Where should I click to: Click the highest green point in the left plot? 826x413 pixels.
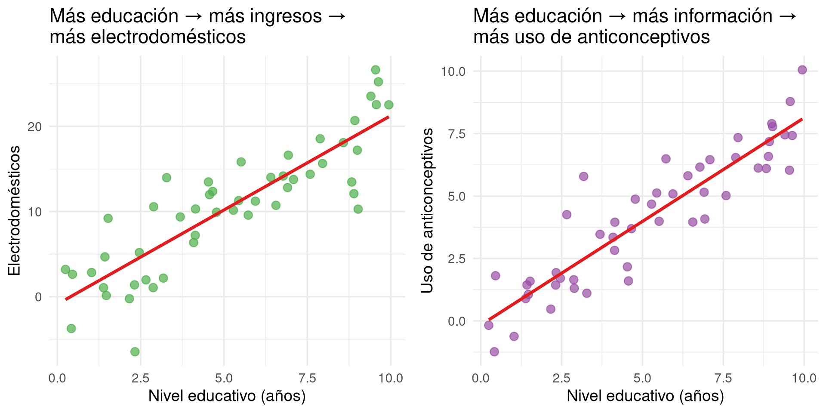(375, 70)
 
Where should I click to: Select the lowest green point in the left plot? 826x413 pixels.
(135, 351)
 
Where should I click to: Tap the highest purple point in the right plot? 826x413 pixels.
(802, 70)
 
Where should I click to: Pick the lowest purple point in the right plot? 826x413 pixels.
(494, 351)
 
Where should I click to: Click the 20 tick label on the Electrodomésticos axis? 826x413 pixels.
(34, 127)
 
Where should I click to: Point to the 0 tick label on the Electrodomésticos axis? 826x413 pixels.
(38, 297)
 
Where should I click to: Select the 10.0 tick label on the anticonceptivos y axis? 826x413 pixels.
(453, 71)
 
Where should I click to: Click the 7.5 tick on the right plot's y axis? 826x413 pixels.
(457, 134)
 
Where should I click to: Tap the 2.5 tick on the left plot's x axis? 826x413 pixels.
(140, 379)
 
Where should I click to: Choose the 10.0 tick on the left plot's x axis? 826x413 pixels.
(391, 379)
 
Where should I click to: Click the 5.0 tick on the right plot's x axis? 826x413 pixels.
(642, 379)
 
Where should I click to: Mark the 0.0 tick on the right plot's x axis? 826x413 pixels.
(481, 379)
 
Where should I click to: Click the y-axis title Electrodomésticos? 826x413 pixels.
(14, 210)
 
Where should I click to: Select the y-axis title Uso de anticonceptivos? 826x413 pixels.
(427, 210)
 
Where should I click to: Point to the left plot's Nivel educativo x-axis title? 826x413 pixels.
(227, 396)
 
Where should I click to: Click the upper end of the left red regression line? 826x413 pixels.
(388, 117)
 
